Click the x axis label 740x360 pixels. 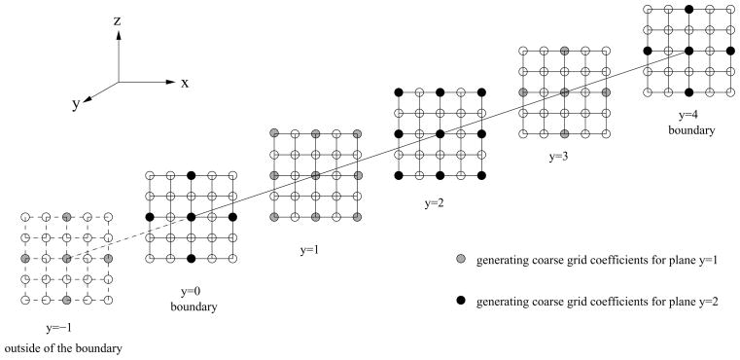point(184,83)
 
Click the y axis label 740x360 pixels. point(75,106)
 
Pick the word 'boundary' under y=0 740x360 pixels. point(191,307)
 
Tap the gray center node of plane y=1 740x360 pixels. point(316,176)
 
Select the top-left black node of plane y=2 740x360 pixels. point(398,92)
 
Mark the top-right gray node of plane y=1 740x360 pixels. point(358,133)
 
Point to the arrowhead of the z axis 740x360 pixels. point(119,33)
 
